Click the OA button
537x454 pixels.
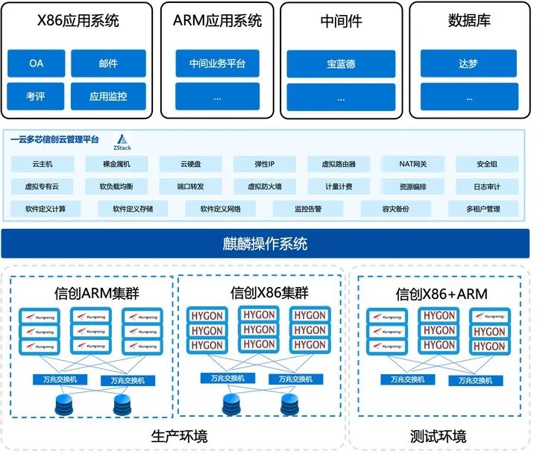36,63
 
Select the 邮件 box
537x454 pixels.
108,63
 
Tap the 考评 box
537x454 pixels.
36,96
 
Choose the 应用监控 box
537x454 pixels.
108,96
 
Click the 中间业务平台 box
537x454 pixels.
217,63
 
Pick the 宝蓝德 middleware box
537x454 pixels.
341,63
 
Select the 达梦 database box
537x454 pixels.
468,63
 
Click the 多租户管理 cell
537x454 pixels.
483,209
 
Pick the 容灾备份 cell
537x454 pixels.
395,209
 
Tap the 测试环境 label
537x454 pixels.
439,436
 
